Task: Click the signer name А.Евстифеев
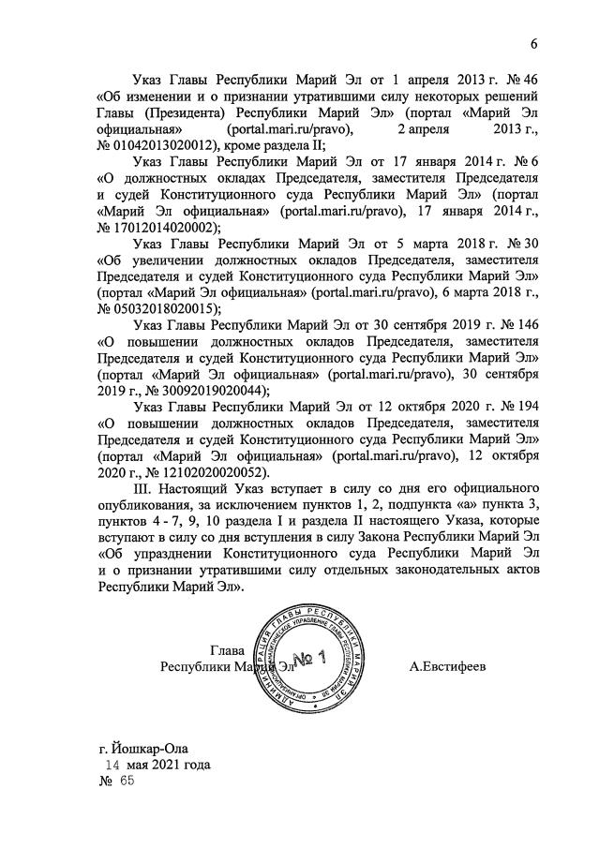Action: click(448, 667)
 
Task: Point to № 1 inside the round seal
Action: click(306, 658)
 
